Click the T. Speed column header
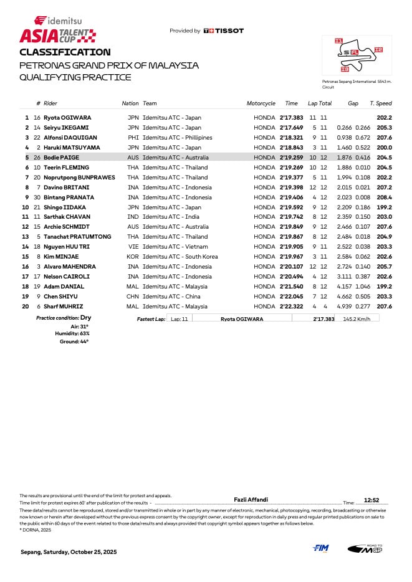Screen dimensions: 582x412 pyautogui.click(x=380, y=103)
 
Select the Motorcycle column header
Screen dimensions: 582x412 pyautogui.click(x=261, y=103)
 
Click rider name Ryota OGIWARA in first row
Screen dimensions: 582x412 pyautogui.click(x=67, y=118)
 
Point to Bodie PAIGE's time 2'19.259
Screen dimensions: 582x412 pyautogui.click(x=291, y=158)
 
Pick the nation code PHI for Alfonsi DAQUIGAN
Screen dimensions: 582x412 pyautogui.click(x=133, y=138)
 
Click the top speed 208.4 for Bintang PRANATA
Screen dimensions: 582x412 pyautogui.click(x=384, y=198)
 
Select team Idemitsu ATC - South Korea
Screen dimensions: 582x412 pyautogui.click(x=180, y=257)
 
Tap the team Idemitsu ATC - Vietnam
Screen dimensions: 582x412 pyautogui.click(x=174, y=247)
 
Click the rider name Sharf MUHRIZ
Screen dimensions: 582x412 pyautogui.click(x=63, y=307)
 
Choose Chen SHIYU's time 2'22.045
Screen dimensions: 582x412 pyautogui.click(x=291, y=297)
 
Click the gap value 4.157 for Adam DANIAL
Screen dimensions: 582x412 pyautogui.click(x=345, y=287)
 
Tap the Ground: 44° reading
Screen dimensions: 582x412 pyautogui.click(x=74, y=341)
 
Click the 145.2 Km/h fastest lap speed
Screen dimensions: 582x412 pyautogui.click(x=357, y=319)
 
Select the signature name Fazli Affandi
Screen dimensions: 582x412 pyautogui.click(x=251, y=499)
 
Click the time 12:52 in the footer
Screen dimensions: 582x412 pyautogui.click(x=371, y=500)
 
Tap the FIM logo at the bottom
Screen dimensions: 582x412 pyautogui.click(x=321, y=548)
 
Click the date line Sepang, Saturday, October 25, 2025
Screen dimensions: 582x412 pyautogui.click(x=68, y=552)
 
